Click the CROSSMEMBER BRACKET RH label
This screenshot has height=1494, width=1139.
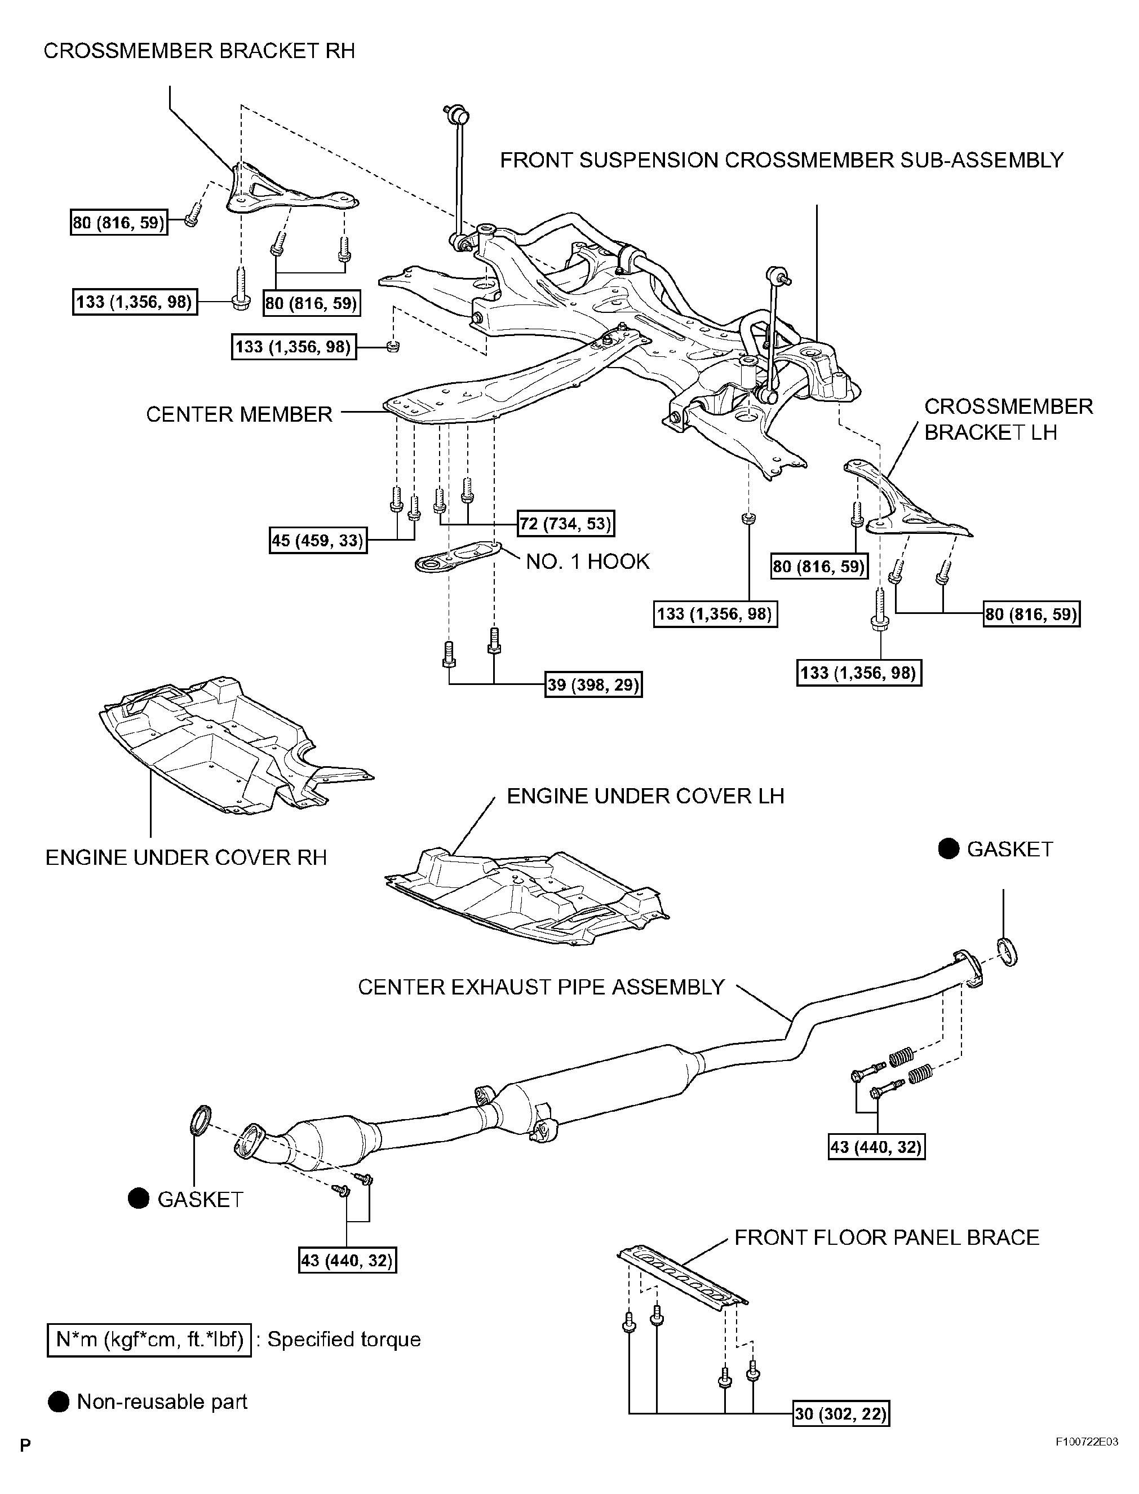pyautogui.click(x=198, y=51)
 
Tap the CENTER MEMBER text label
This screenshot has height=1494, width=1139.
pyautogui.click(x=240, y=414)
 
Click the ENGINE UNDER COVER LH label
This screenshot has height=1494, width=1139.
pyautogui.click(x=645, y=795)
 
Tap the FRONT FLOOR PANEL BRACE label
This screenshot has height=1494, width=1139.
pyautogui.click(x=886, y=1237)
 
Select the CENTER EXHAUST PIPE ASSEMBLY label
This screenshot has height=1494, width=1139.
pyautogui.click(x=541, y=987)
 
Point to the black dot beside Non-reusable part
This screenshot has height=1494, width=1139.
pyautogui.click(x=59, y=1402)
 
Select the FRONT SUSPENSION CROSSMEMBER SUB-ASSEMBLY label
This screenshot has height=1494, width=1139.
pyautogui.click(x=781, y=160)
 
